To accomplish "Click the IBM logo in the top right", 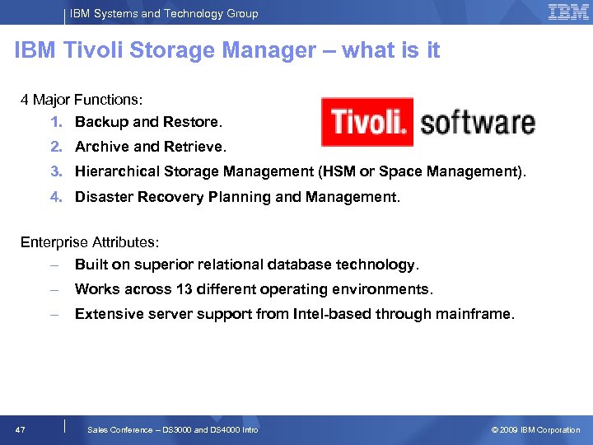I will [568, 12].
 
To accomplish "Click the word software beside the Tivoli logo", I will [478, 123].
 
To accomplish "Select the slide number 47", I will [21, 429].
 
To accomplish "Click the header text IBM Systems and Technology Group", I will [164, 13].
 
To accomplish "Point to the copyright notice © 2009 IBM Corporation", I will [535, 429].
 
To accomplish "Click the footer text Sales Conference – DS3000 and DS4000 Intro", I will [172, 429].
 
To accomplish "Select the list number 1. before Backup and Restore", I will [56, 122].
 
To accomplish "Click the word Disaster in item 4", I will [102, 197].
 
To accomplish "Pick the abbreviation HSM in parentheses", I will [340, 171].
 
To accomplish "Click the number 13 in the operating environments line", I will [184, 289].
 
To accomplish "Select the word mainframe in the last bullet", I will [479, 314].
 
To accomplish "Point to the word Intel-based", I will [333, 314].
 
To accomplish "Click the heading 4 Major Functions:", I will [82, 100].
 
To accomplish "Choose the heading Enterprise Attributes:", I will [90, 242].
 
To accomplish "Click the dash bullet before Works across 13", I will [54, 289].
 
